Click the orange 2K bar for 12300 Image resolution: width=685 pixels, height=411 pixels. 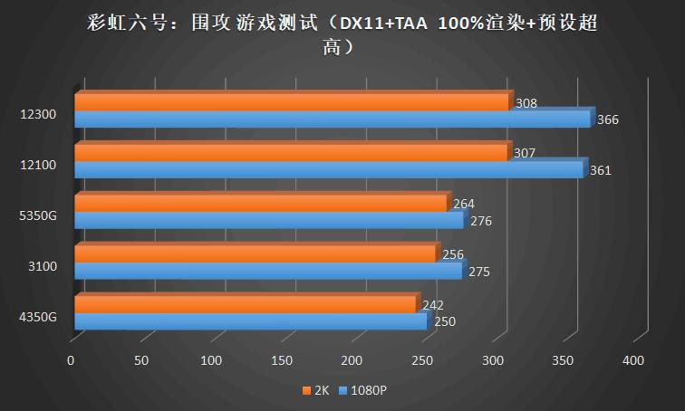(x=290, y=102)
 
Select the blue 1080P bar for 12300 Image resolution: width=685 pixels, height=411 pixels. (x=332, y=119)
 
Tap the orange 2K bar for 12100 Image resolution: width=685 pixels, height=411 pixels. (x=290, y=153)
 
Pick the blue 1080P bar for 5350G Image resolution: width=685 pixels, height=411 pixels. (x=268, y=220)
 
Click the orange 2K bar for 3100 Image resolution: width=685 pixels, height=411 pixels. (x=254, y=254)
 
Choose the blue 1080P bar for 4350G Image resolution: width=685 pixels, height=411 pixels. (x=250, y=321)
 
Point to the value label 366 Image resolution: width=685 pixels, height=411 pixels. (x=608, y=119)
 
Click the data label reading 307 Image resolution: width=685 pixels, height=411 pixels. (x=524, y=153)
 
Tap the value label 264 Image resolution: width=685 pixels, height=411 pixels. (x=464, y=204)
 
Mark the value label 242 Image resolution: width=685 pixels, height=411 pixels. (x=433, y=305)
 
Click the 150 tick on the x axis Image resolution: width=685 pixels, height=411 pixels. (x=282, y=361)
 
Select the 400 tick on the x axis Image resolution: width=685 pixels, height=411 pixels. (x=633, y=361)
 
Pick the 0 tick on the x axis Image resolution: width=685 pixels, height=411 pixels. (x=71, y=361)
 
